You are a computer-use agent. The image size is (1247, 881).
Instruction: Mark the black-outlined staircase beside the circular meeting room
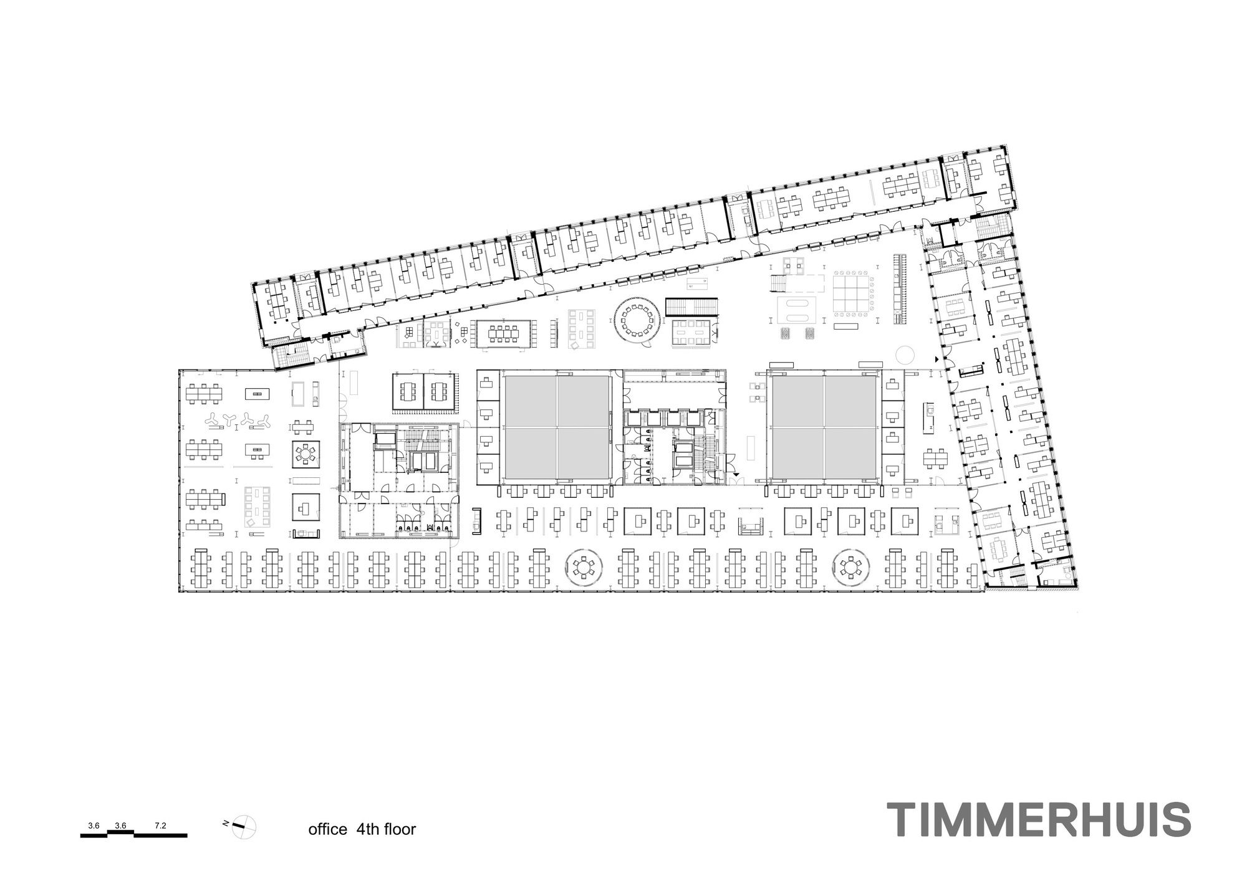[x=692, y=307]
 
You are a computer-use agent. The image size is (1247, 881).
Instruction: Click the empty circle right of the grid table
[x=905, y=356]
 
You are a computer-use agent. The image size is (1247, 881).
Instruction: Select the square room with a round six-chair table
[x=306, y=454]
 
